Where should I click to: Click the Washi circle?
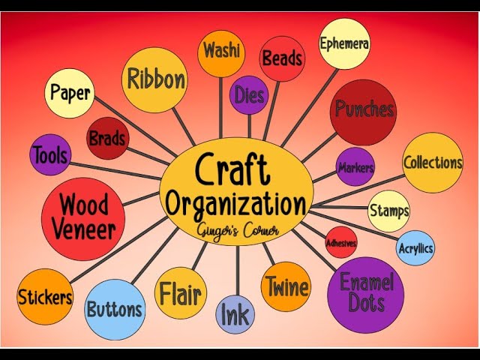[220, 52]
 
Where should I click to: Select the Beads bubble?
[281, 58]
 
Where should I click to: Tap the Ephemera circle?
[343, 43]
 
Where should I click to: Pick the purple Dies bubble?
[249, 94]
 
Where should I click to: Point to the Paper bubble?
[70, 93]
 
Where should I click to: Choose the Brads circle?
[107, 138]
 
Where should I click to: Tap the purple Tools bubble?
[50, 156]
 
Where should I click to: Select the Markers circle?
[355, 167]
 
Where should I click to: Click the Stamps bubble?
[388, 211]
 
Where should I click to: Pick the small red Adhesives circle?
[340, 242]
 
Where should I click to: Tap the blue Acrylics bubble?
[415, 248]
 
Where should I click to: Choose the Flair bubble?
[179, 293]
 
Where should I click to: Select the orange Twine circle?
[286, 286]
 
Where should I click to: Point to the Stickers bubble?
[45, 297]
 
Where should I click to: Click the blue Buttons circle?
[114, 309]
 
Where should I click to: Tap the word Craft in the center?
[232, 169]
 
